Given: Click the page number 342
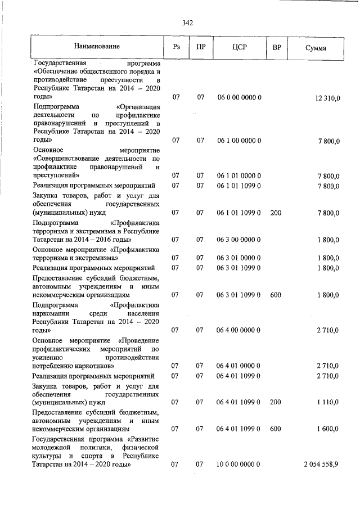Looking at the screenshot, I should tap(188, 23).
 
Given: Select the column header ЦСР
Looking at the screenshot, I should tap(239, 48).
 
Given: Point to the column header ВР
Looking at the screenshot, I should tap(277, 48).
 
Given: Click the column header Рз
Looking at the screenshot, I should tap(175, 48).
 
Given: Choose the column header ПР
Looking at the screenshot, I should tap(200, 48).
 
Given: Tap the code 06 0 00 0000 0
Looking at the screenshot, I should tap(239, 98).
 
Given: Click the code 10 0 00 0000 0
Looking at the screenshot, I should tap(239, 465).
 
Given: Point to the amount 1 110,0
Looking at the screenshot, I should tap(327, 403).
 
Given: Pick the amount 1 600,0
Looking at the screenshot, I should tap(327, 429).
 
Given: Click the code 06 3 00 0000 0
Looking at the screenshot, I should tap(239, 240).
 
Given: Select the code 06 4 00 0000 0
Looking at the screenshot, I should tap(239, 330).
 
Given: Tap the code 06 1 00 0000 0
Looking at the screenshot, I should tap(239, 139).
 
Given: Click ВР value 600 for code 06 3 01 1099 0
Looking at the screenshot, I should tap(276, 294).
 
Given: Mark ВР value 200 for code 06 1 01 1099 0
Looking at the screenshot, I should tap(276, 213).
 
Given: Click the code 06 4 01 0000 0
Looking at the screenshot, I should tap(239, 366).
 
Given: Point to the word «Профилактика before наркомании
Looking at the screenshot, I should tap(136, 304).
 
